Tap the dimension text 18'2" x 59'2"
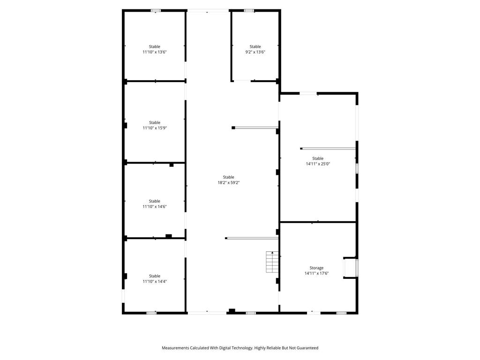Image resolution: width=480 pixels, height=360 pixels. click(229, 183)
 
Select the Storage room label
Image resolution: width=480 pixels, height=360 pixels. click(316, 268)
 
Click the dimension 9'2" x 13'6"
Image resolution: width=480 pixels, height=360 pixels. click(255, 52)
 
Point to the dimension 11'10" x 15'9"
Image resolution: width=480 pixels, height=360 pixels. click(155, 128)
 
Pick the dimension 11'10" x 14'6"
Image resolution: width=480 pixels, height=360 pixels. click(155, 207)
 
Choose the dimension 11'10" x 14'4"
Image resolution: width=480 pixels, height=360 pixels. click(155, 282)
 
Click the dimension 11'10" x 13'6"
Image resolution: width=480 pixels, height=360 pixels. click(155, 52)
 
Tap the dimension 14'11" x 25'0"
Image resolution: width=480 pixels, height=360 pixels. click(318, 164)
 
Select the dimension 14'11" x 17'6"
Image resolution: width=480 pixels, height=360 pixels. click(316, 273)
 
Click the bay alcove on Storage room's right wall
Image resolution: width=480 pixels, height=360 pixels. click(351, 268)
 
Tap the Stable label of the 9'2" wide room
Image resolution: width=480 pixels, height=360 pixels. click(255, 46)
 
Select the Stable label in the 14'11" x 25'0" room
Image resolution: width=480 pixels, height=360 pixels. click(318, 158)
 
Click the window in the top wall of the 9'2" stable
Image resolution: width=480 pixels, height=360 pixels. click(249, 10)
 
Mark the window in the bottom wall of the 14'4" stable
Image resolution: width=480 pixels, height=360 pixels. click(151, 313)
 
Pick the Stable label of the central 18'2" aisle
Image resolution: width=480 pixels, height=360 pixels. click(229, 177)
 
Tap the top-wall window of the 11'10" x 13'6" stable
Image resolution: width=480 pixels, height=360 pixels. click(156, 10)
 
